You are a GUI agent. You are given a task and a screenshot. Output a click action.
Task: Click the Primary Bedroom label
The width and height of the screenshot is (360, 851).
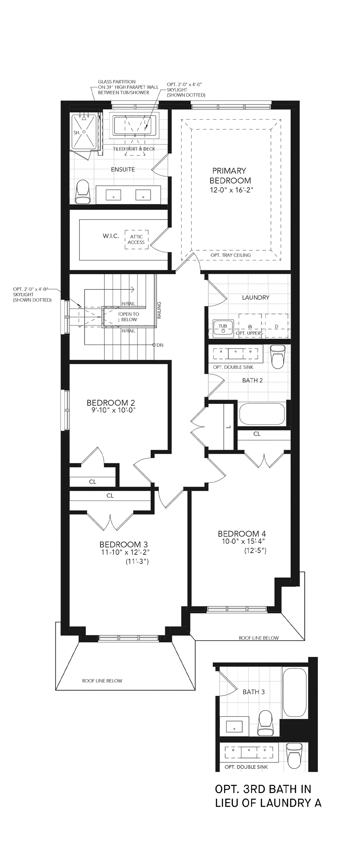pyautogui.click(x=230, y=175)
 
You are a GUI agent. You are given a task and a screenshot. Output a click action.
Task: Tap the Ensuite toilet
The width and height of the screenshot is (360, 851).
pyautogui.click(x=82, y=191)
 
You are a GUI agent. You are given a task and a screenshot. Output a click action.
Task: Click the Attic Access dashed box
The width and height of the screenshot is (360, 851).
pyautogui.click(x=136, y=240)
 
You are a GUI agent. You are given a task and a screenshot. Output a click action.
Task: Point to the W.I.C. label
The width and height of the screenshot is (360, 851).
pyautogui.click(x=111, y=236)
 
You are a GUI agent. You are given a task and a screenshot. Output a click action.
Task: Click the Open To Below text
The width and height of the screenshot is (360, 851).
pyautogui.click(x=129, y=317)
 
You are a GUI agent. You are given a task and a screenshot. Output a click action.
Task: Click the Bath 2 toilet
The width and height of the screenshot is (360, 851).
pyautogui.click(x=278, y=356)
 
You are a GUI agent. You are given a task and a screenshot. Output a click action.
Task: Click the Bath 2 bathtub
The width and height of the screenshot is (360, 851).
pyautogui.click(x=262, y=414)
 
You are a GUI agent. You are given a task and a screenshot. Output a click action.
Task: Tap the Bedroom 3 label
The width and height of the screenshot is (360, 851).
pyautogui.click(x=123, y=544)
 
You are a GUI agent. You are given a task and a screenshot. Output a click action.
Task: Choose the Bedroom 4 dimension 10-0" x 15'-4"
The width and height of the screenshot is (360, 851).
pyautogui.click(x=244, y=541)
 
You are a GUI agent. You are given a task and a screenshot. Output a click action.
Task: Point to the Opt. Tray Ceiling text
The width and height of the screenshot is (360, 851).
pyautogui.click(x=230, y=255)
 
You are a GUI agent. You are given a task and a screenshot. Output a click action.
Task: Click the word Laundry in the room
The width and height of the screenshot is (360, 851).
pyautogui.click(x=256, y=298)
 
